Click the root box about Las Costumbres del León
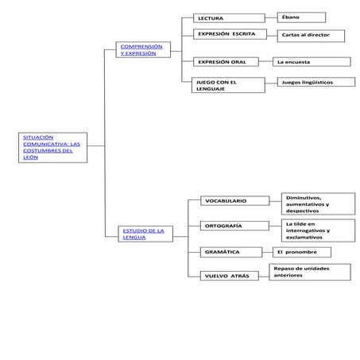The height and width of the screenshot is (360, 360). pyautogui.click(x=52, y=148)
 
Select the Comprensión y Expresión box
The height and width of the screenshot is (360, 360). pyautogui.click(x=141, y=50)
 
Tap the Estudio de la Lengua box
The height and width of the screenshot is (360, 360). pyautogui.click(x=144, y=234)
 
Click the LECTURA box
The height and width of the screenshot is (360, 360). pyautogui.click(x=228, y=17)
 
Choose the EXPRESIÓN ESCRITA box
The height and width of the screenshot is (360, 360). pyautogui.click(x=228, y=35)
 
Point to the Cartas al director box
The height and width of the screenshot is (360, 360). pyautogui.click(x=311, y=36)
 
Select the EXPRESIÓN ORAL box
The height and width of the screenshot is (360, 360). pyautogui.click(x=228, y=61)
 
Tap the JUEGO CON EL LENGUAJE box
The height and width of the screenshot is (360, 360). pyautogui.click(x=228, y=85)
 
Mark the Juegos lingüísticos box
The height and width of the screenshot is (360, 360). pyautogui.click(x=315, y=82)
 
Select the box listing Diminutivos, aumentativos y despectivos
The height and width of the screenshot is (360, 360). pyautogui.click(x=315, y=204)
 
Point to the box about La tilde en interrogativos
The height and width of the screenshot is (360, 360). pyautogui.click(x=315, y=230)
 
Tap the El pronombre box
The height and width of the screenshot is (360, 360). pyautogui.click(x=301, y=252)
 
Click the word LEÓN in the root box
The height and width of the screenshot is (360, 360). pyautogui.click(x=30, y=157)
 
